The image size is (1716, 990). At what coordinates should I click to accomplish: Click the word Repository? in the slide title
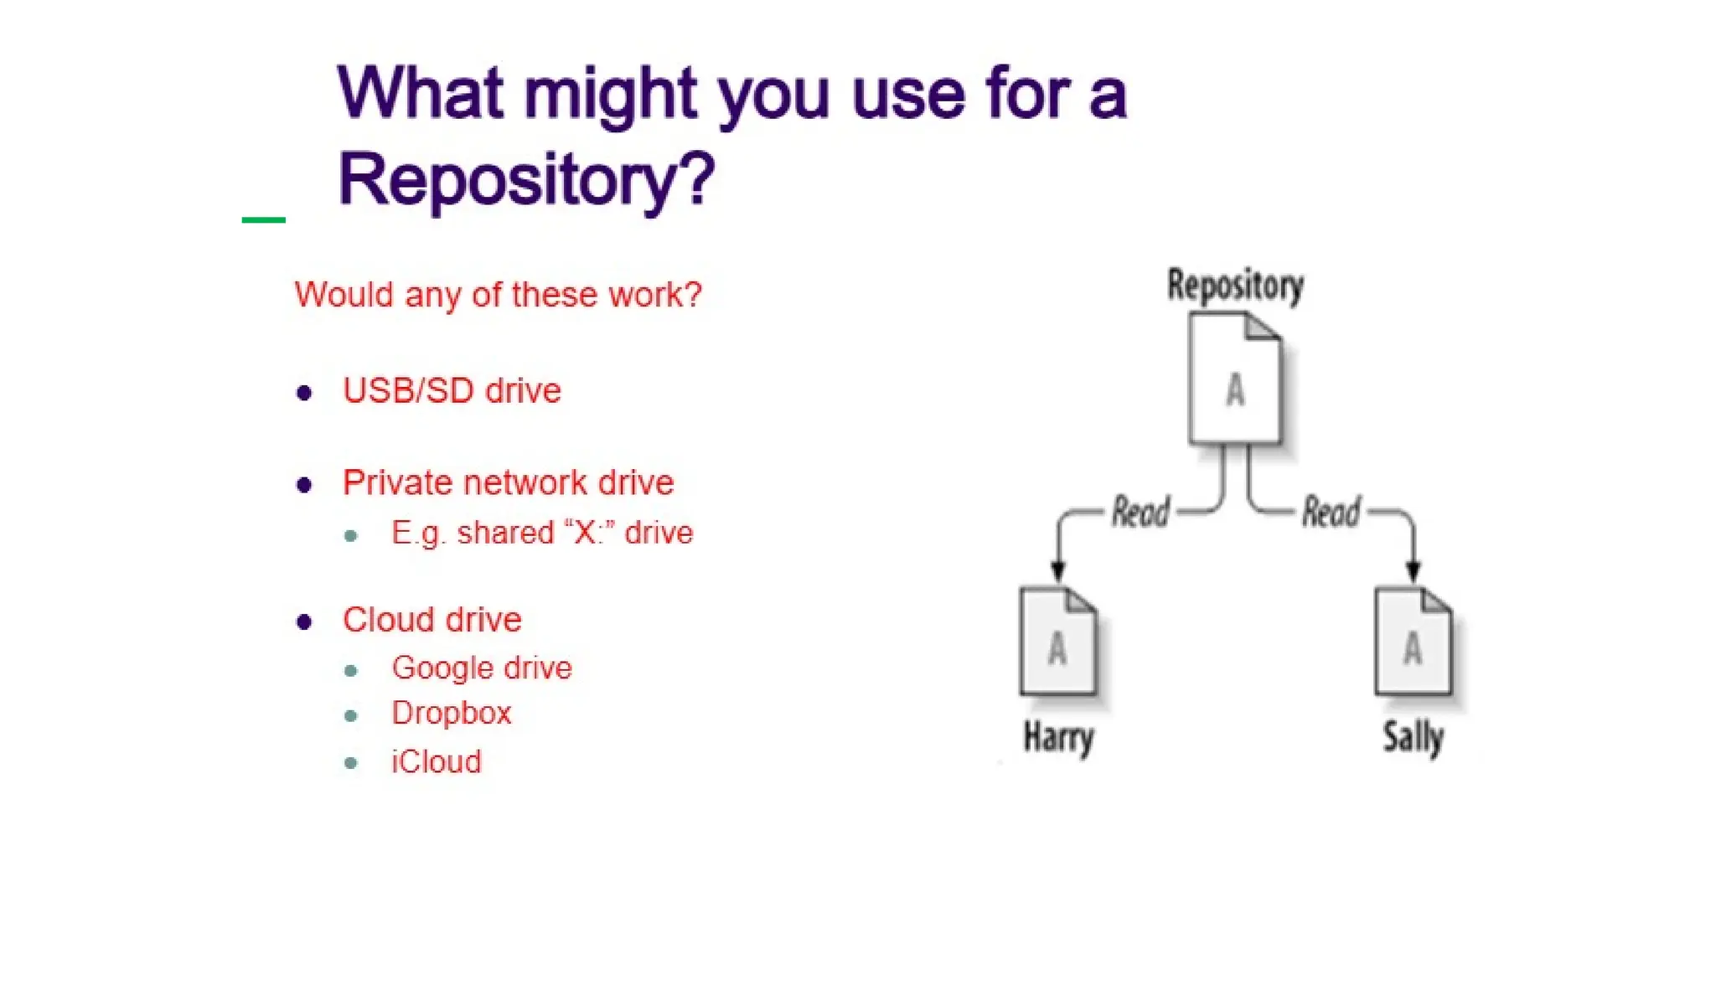pyautogui.click(x=526, y=179)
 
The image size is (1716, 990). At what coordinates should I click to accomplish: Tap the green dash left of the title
pyautogui.click(x=263, y=220)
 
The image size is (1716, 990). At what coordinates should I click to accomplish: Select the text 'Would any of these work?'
pyautogui.click(x=498, y=295)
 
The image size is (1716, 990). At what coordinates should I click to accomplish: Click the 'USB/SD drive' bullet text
pyautogui.click(x=452, y=391)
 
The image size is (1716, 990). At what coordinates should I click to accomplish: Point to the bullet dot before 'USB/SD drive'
pyautogui.click(x=304, y=393)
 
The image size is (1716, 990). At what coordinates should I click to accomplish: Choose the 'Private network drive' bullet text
pyautogui.click(x=508, y=483)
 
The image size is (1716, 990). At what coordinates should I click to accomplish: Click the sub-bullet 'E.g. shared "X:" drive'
pyautogui.click(x=542, y=533)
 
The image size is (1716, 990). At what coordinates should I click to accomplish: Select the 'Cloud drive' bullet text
pyautogui.click(x=432, y=620)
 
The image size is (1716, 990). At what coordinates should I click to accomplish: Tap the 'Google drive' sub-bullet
pyautogui.click(x=482, y=668)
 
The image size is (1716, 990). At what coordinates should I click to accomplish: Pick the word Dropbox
pyautogui.click(x=451, y=714)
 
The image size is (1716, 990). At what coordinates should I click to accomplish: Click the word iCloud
pyautogui.click(x=437, y=762)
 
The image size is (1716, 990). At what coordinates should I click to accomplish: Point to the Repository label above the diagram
pyautogui.click(x=1235, y=286)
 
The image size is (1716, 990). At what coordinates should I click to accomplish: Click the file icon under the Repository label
pyautogui.click(x=1235, y=379)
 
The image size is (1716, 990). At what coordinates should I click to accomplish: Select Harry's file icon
pyautogui.click(x=1057, y=642)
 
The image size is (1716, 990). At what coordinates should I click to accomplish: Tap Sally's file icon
pyautogui.click(x=1413, y=642)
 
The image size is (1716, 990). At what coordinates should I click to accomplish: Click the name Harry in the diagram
pyautogui.click(x=1058, y=738)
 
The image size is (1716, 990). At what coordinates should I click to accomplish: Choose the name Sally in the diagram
pyautogui.click(x=1413, y=738)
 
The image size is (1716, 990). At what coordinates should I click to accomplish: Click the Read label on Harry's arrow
pyautogui.click(x=1140, y=512)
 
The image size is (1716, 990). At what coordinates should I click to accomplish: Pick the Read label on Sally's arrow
pyautogui.click(x=1331, y=512)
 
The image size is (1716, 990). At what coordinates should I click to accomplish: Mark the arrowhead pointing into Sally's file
pyautogui.click(x=1413, y=573)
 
